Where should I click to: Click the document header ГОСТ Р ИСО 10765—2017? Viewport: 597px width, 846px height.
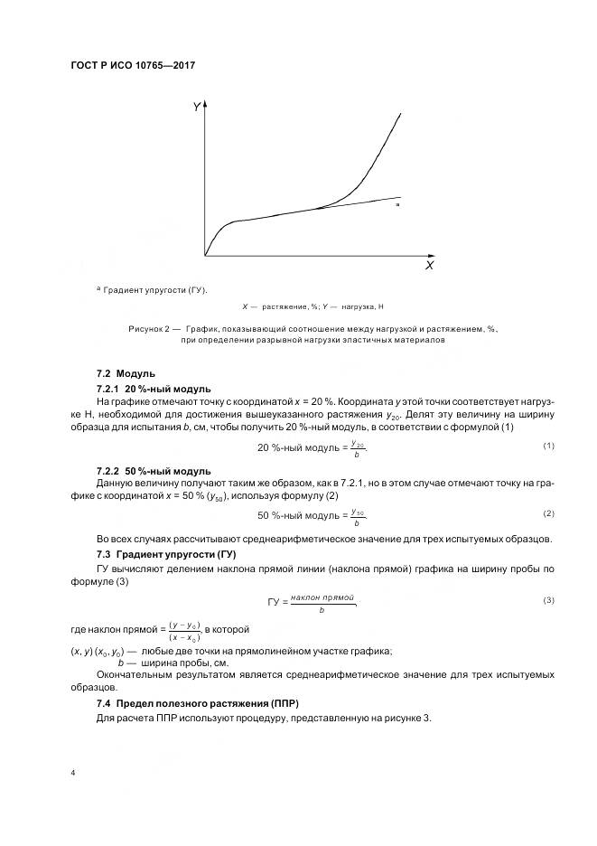click(134, 66)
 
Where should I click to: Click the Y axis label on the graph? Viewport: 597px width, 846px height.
click(196, 108)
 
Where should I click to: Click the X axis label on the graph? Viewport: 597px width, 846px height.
click(429, 267)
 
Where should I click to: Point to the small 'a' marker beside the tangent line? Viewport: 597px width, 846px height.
click(397, 206)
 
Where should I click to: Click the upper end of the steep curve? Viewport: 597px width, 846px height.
click(400, 112)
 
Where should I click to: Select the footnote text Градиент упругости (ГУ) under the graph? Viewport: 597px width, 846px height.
click(154, 290)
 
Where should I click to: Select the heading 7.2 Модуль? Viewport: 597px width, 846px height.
click(126, 373)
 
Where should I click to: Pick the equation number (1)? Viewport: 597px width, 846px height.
click(547, 446)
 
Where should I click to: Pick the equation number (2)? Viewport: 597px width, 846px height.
click(547, 513)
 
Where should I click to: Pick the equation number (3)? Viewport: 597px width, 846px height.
click(547, 600)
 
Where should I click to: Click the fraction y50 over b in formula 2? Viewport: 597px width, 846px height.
click(358, 517)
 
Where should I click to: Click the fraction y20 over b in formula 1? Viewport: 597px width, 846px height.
click(358, 449)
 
